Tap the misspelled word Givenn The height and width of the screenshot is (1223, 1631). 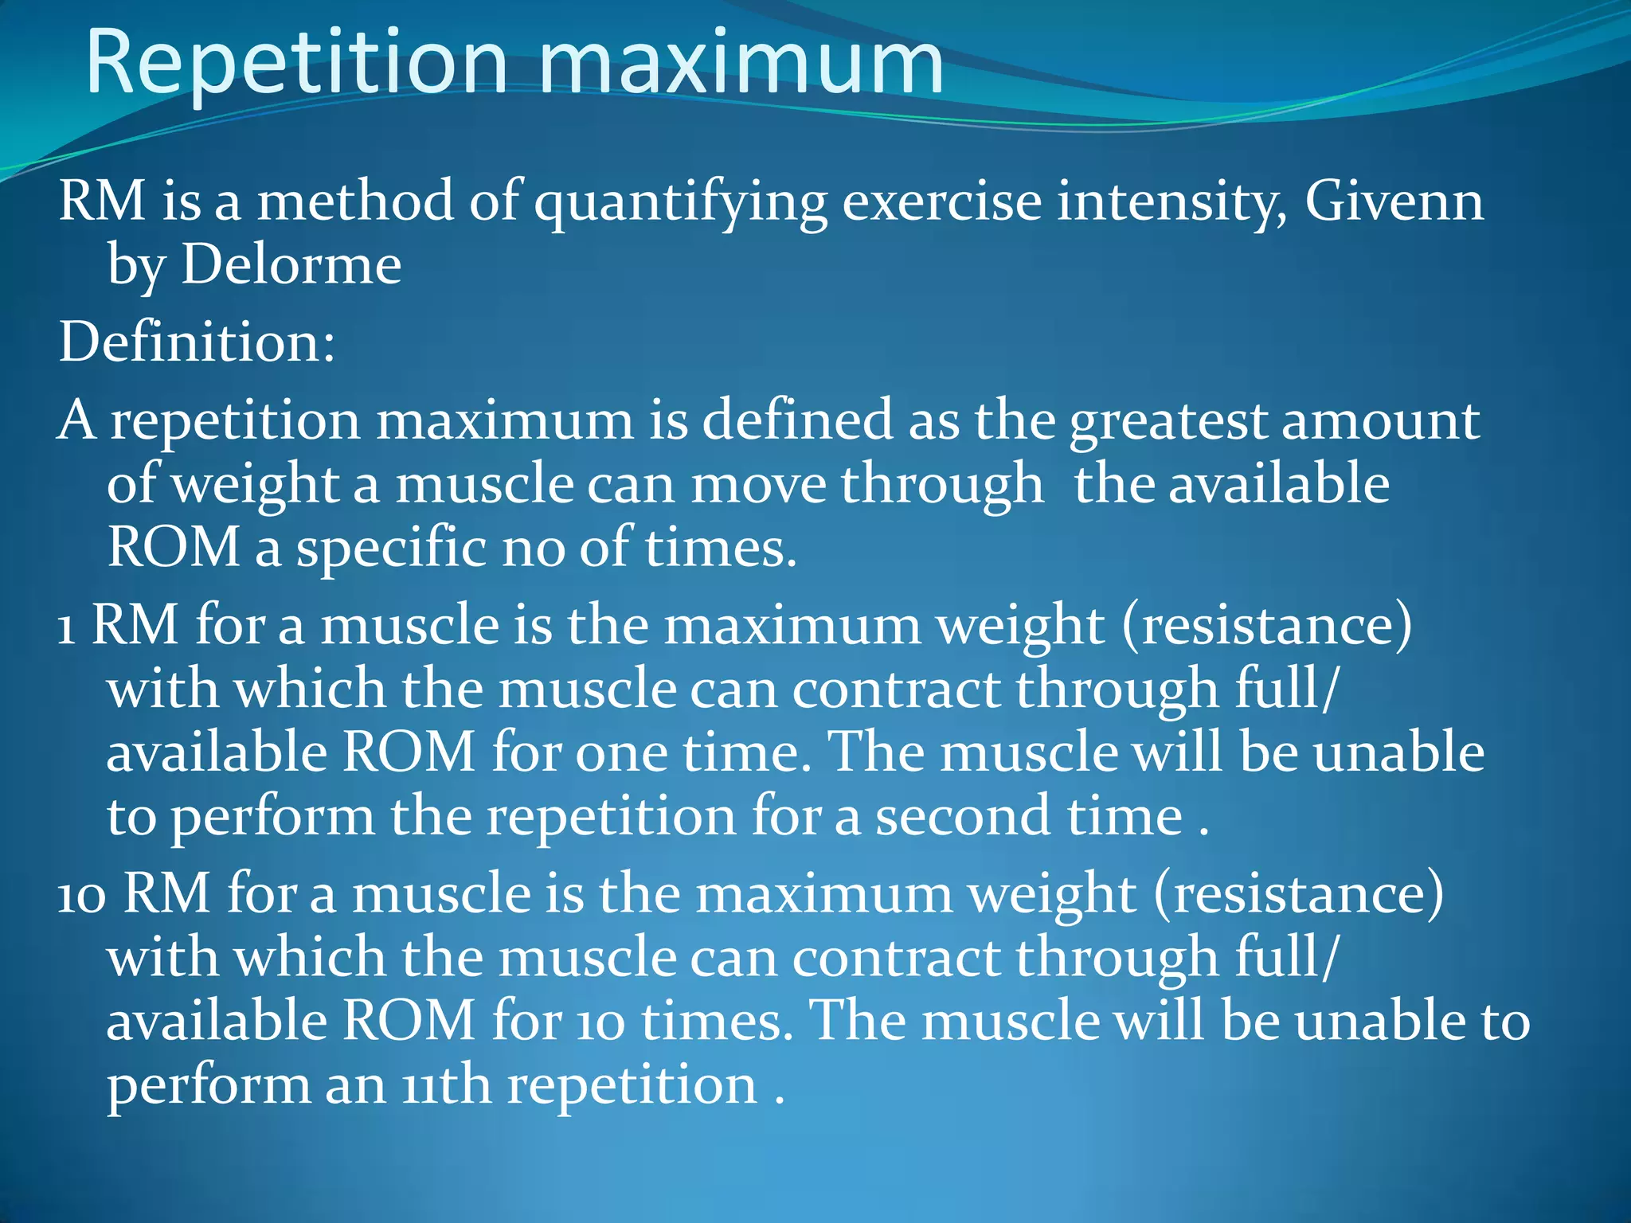1394,201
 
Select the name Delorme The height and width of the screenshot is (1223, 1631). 291,264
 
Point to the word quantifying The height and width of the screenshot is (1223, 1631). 681,203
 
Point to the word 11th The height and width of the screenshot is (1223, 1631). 446,1086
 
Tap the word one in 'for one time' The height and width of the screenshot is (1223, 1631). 621,753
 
